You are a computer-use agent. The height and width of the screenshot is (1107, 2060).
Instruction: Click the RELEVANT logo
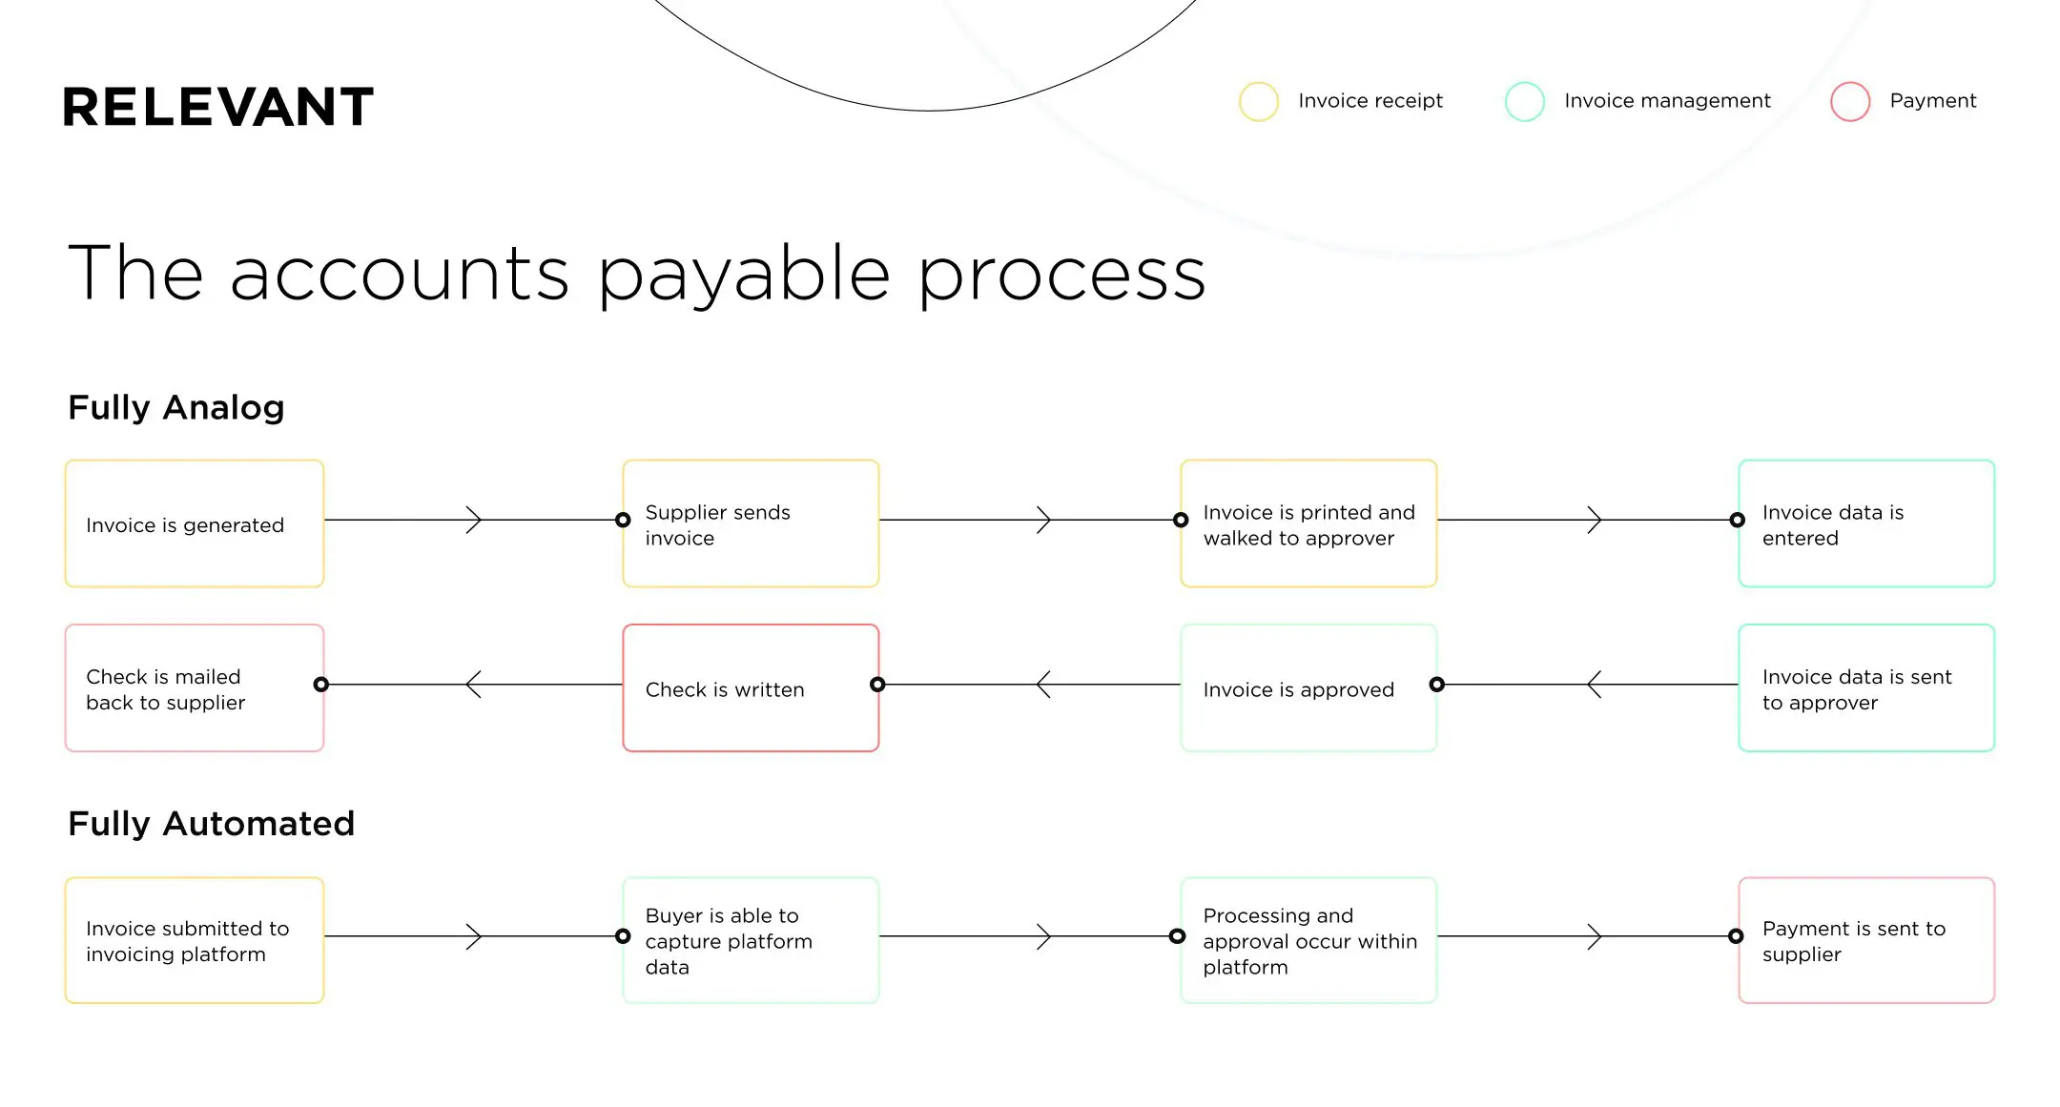[x=217, y=107]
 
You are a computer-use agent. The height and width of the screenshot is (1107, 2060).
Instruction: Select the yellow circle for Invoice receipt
[x=1258, y=101]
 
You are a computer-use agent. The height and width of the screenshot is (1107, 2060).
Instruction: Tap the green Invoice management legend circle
[x=1524, y=101]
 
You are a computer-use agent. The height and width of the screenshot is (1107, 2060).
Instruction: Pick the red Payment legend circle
[x=1849, y=101]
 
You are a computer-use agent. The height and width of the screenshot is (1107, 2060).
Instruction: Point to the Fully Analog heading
[x=176, y=407]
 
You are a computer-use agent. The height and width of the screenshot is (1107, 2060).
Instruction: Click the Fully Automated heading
[x=211, y=823]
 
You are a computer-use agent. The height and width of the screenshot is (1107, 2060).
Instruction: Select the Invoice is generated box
[x=195, y=523]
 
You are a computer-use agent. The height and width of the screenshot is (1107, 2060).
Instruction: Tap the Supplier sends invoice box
[x=751, y=523]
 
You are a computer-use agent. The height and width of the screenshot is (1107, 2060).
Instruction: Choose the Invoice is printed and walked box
[x=1308, y=523]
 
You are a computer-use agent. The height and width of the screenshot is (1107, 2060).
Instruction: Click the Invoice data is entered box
[x=1865, y=523]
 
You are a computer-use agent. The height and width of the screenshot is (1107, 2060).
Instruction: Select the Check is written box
[x=751, y=687]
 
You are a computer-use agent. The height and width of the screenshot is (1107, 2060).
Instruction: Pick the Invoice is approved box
[x=1308, y=687]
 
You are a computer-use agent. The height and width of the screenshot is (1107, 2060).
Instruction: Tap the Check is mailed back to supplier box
[x=195, y=687]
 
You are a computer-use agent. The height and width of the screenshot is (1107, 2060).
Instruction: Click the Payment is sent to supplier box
[x=1865, y=940]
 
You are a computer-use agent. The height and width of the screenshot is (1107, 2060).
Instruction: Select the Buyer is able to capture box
[x=751, y=940]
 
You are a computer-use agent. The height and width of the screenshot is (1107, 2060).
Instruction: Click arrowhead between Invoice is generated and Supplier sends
[x=474, y=520]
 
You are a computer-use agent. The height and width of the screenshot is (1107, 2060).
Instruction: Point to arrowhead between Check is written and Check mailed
[x=473, y=684]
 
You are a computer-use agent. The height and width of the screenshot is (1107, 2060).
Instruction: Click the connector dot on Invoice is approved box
[x=1436, y=684]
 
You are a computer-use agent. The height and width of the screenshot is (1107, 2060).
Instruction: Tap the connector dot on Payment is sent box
[x=1736, y=936]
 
